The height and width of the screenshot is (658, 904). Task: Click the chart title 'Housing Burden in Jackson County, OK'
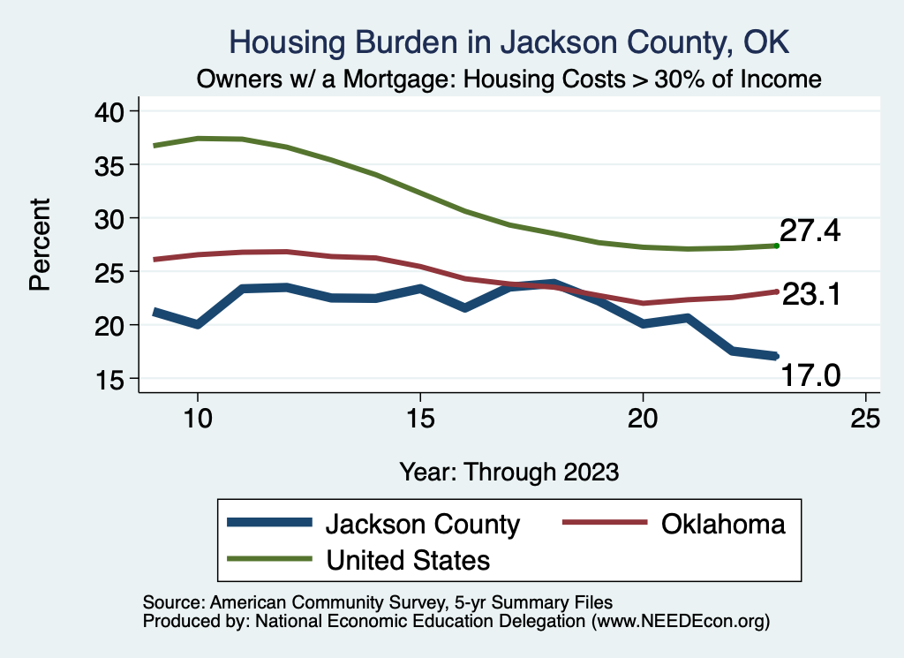(x=508, y=42)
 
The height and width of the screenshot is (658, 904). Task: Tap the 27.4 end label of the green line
(x=810, y=231)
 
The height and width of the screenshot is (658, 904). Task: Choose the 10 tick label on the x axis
(x=198, y=419)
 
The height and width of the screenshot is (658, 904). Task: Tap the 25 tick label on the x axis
(x=865, y=419)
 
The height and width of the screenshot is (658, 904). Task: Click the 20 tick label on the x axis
(x=643, y=419)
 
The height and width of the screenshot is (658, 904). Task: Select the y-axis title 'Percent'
(x=40, y=245)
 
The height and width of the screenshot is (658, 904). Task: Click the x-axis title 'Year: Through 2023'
(x=508, y=471)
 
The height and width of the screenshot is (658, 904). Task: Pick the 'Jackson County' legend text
(x=423, y=524)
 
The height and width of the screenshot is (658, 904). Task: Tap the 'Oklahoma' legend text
(x=722, y=524)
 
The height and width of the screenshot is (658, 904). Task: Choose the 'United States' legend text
(x=408, y=559)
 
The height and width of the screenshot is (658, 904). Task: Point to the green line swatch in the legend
(x=269, y=558)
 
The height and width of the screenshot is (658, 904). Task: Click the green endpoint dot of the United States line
(x=776, y=246)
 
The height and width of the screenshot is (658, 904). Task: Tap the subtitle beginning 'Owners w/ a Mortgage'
(x=509, y=79)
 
